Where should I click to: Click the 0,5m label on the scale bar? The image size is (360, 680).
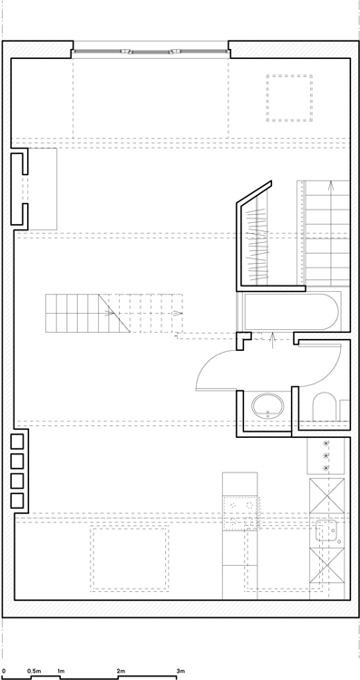pyautogui.click(x=34, y=671)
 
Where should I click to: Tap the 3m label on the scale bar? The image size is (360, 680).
pyautogui.click(x=180, y=671)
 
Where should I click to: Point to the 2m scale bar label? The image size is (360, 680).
pyautogui.click(x=121, y=671)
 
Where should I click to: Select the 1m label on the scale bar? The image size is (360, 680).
pyautogui.click(x=61, y=671)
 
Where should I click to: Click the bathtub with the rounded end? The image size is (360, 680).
pyautogui.click(x=291, y=311)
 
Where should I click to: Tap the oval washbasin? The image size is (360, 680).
pyautogui.click(x=268, y=405)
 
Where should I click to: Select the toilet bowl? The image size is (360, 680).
pyautogui.click(x=325, y=406)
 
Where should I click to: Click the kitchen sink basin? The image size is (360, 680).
pyautogui.click(x=326, y=530)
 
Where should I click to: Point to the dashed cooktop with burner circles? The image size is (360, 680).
pyautogui.click(x=240, y=514)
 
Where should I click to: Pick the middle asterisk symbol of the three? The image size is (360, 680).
pyautogui.click(x=325, y=455)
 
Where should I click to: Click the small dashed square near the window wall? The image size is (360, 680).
pyautogui.click(x=289, y=98)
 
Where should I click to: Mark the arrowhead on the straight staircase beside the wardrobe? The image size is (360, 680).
pyautogui.click(x=331, y=186)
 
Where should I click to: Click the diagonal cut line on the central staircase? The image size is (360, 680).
pyautogui.click(x=114, y=313)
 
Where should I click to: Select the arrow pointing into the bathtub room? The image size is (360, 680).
pyautogui.click(x=272, y=340)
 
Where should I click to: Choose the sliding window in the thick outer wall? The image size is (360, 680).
pyautogui.click(x=151, y=52)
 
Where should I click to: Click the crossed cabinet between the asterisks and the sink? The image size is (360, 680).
pyautogui.click(x=327, y=496)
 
